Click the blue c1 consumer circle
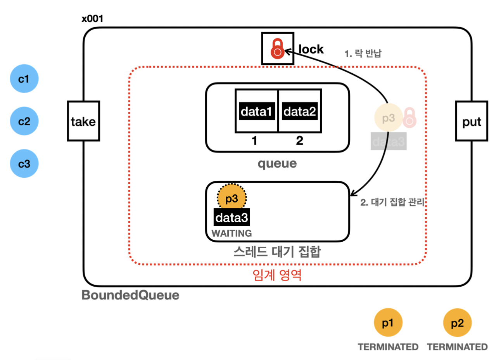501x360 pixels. (24, 79)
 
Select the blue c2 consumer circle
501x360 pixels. (24, 121)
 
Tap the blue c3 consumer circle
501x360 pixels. (24, 164)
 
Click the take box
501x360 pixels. (83, 121)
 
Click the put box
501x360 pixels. (472, 121)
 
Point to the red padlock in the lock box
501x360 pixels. (277, 49)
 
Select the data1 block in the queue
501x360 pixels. (257, 111)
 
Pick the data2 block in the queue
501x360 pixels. (300, 111)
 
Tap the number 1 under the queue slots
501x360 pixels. (254, 141)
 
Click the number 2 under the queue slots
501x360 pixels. (299, 140)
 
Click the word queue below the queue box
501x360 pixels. (277, 164)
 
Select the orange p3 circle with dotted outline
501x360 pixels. (232, 198)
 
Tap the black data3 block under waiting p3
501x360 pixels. (232, 217)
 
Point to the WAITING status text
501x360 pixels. (232, 234)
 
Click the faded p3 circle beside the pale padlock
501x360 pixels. (389, 118)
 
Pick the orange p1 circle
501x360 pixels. (388, 322)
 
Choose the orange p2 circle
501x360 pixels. (458, 323)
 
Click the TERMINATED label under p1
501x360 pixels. (388, 347)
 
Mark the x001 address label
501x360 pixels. (92, 19)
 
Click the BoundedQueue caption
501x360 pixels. (130, 295)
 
